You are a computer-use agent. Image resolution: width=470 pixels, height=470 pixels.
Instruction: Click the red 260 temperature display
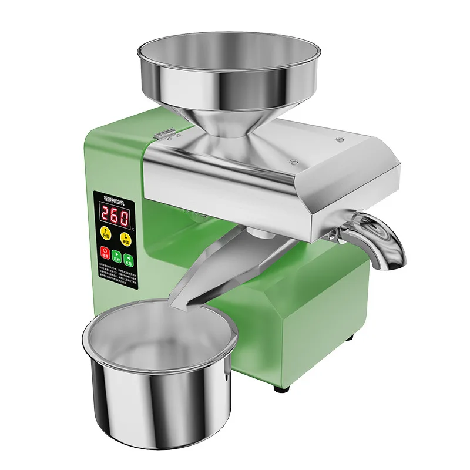[x=115, y=217]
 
